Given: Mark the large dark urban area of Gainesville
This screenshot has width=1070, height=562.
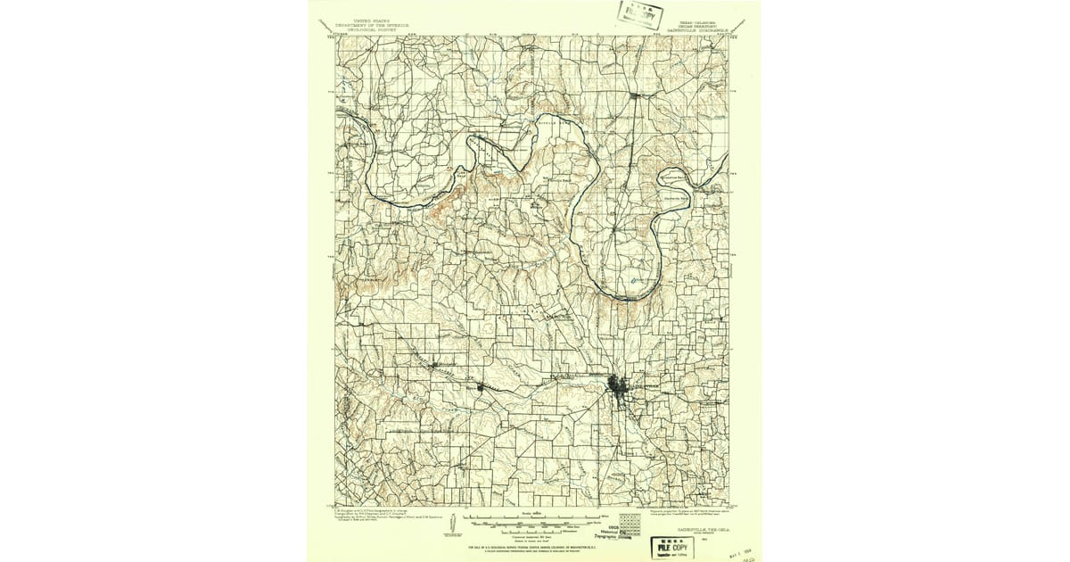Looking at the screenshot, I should pos(618,387).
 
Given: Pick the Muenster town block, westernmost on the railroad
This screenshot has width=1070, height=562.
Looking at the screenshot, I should pos(433,365).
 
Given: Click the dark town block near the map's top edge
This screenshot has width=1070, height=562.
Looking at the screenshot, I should pos(634,95).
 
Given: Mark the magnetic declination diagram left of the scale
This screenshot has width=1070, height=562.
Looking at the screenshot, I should pos(470,525).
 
